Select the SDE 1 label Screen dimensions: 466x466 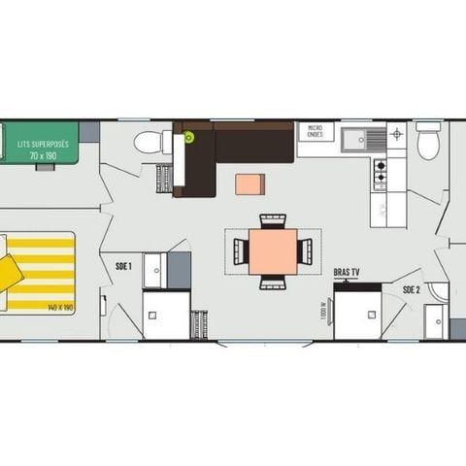click(x=123, y=265)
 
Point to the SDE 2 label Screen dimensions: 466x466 click(x=412, y=289)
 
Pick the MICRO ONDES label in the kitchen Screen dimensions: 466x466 click(x=315, y=131)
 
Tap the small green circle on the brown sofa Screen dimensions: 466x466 click(x=189, y=137)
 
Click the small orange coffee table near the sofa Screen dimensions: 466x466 click(x=249, y=184)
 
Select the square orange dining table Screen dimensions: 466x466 click(x=273, y=251)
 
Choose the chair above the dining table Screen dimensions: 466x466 click(x=273, y=220)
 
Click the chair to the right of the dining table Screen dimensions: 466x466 click(x=305, y=251)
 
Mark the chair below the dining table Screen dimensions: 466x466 click(x=273, y=283)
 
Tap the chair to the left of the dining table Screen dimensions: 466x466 click(x=241, y=251)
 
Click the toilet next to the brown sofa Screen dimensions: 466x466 click(x=150, y=143)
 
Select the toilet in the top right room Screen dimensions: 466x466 click(x=428, y=144)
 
